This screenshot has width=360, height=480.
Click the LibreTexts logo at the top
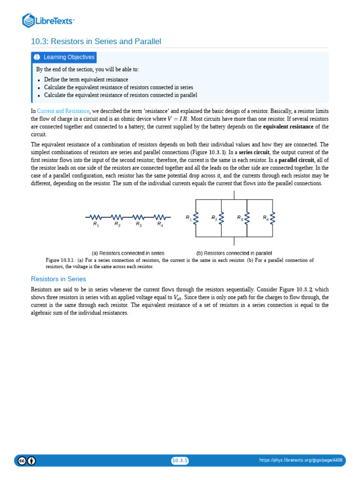point(48,21)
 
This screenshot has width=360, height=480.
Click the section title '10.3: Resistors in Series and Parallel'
point(96,42)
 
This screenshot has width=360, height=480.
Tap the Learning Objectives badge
point(64,57)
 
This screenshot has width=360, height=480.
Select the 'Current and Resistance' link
point(63,111)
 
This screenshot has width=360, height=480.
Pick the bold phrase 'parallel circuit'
point(296,160)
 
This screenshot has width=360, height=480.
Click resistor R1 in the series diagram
point(96,217)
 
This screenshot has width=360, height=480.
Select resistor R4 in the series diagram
point(160,217)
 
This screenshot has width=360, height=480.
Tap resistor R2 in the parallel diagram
point(221,218)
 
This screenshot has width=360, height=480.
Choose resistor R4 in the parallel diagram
point(272,218)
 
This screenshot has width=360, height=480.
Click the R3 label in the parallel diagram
point(240,218)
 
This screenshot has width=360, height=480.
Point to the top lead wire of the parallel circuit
point(234,195)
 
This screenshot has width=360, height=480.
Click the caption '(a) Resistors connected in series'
point(128,253)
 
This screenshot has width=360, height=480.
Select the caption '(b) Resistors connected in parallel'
point(234,253)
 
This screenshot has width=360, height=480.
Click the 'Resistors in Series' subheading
point(59,279)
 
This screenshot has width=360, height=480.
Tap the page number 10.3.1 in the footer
point(180,461)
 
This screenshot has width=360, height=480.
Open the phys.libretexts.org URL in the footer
point(300,461)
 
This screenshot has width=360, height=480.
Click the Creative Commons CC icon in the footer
point(22,461)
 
